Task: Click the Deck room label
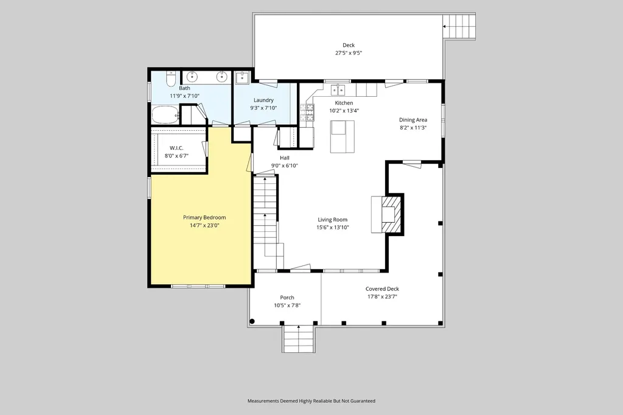pyautogui.click(x=349, y=45)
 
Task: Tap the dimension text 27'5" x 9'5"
pyautogui.click(x=349, y=53)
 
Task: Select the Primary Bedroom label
pyautogui.click(x=204, y=217)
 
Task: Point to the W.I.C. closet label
pyautogui.click(x=176, y=148)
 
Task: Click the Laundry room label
pyautogui.click(x=263, y=100)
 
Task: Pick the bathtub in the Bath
pyautogui.click(x=165, y=115)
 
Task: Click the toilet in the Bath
pyautogui.click(x=171, y=79)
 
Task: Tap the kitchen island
pyautogui.click(x=342, y=137)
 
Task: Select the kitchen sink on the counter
pyautogui.click(x=338, y=90)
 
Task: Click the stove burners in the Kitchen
pyautogui.click(x=308, y=113)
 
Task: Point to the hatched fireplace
pyautogui.click(x=392, y=215)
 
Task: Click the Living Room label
pyautogui.click(x=333, y=220)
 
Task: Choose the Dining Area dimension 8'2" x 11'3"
pyautogui.click(x=413, y=128)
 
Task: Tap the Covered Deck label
pyautogui.click(x=382, y=289)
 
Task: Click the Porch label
pyautogui.click(x=287, y=298)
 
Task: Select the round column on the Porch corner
pyautogui.click(x=252, y=321)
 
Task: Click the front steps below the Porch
pyautogui.click(x=299, y=339)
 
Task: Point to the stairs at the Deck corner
pyautogui.click(x=459, y=26)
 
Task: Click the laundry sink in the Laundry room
pyautogui.click(x=242, y=78)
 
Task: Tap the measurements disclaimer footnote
pyautogui.click(x=311, y=401)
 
